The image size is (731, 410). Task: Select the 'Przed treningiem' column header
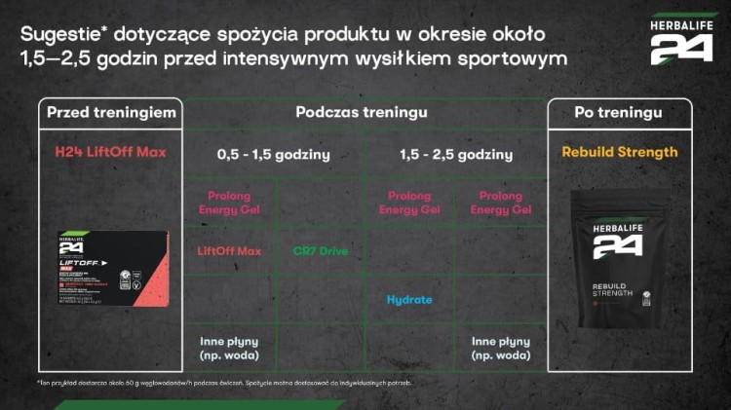[111, 113]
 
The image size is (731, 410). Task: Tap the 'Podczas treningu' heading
[362, 113]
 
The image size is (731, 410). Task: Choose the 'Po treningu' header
[619, 113]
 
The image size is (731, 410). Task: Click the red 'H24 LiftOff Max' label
[111, 153]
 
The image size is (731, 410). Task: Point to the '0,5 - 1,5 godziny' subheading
[273, 154]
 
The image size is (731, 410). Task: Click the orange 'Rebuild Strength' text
[619, 153]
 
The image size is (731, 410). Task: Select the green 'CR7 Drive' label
[321, 251]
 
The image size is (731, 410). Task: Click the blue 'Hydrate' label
[409, 300]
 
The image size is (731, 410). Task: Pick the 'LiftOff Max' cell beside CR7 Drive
[230, 251]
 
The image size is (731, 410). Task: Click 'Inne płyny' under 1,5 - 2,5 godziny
[500, 347]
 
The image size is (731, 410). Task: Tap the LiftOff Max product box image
[111, 268]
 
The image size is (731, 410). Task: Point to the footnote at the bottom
[210, 383]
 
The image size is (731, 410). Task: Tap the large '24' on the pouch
[619, 247]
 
